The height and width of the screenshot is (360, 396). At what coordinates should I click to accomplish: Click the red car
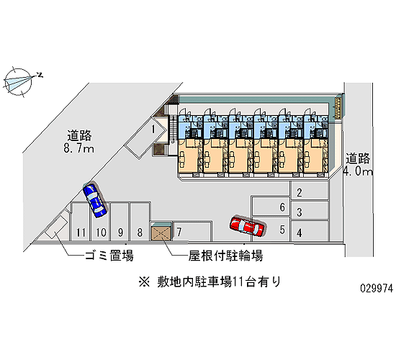pos(247,225)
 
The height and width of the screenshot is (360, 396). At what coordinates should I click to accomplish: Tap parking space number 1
pos(146,138)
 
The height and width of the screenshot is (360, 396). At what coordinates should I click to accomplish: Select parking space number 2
pos(310,191)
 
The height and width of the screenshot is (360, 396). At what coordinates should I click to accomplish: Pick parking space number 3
pos(310,211)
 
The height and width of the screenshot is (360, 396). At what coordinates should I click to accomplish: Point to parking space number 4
pos(310,231)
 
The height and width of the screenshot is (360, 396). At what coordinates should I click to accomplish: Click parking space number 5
pos(271,229)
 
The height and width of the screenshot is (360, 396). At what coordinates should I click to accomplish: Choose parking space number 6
pos(271,207)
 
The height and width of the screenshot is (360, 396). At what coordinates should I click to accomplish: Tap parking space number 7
pos(192,231)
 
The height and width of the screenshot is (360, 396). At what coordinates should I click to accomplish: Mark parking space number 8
pos(140,221)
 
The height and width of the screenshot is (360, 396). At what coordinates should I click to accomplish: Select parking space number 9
pos(120,221)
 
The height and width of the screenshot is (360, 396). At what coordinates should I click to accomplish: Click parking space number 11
pos(81,222)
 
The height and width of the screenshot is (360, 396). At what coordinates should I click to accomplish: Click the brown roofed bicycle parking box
pos(161,232)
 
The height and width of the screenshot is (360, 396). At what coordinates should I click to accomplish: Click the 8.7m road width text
pos(78,149)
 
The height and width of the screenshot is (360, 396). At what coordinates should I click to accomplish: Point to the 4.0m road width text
pos(358,171)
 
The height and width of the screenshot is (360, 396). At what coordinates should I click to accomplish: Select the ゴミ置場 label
pos(109,256)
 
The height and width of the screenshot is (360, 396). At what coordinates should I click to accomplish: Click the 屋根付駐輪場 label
pos(226,256)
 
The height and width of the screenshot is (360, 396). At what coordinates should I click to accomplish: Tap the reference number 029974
pos(377,288)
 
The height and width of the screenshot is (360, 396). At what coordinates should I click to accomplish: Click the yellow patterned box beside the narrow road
pos(338,108)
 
